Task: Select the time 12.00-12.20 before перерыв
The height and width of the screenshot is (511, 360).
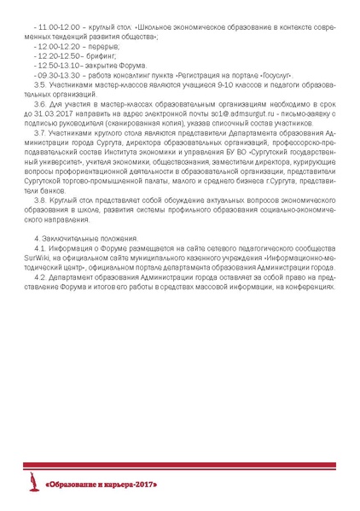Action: (53, 47)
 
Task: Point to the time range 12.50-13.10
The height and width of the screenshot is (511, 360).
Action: (52, 65)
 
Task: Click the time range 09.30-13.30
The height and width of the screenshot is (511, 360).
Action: (53, 74)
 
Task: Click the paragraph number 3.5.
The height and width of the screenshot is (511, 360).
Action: (39, 84)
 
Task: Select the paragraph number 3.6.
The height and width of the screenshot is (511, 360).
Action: (39, 102)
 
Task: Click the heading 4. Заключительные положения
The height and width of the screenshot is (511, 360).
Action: (84, 236)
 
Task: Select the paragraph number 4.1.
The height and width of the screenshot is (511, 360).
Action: (38, 246)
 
